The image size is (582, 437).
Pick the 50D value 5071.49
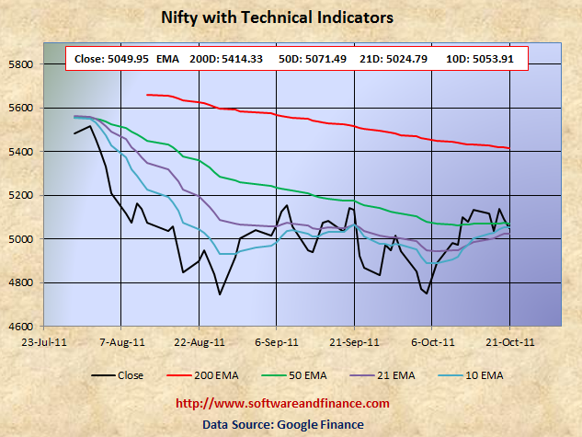pyautogui.click(x=323, y=60)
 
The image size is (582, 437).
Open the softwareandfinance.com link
pyautogui.click(x=281, y=404)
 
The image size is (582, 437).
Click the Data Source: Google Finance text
pyautogui.click(x=283, y=423)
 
